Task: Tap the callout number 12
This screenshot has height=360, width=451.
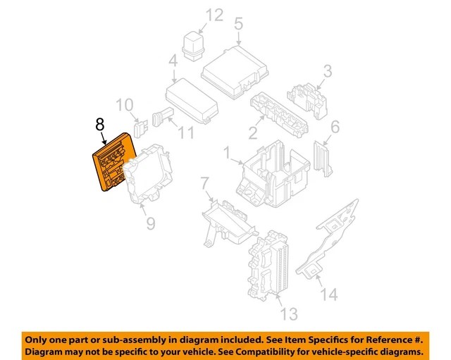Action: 214,14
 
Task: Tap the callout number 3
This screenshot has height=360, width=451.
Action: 327,70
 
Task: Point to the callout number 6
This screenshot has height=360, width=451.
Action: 335,127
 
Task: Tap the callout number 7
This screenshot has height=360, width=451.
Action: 204,185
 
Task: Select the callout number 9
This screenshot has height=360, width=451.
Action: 150,224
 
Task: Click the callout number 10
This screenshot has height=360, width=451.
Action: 124,106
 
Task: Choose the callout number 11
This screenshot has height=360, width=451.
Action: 185,131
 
